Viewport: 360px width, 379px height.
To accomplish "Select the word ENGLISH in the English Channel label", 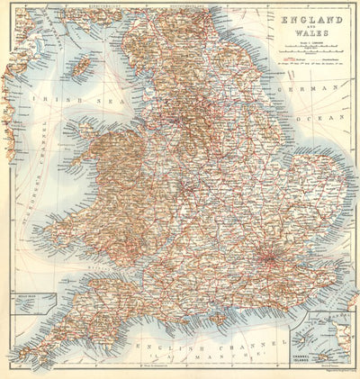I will [163, 347].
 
